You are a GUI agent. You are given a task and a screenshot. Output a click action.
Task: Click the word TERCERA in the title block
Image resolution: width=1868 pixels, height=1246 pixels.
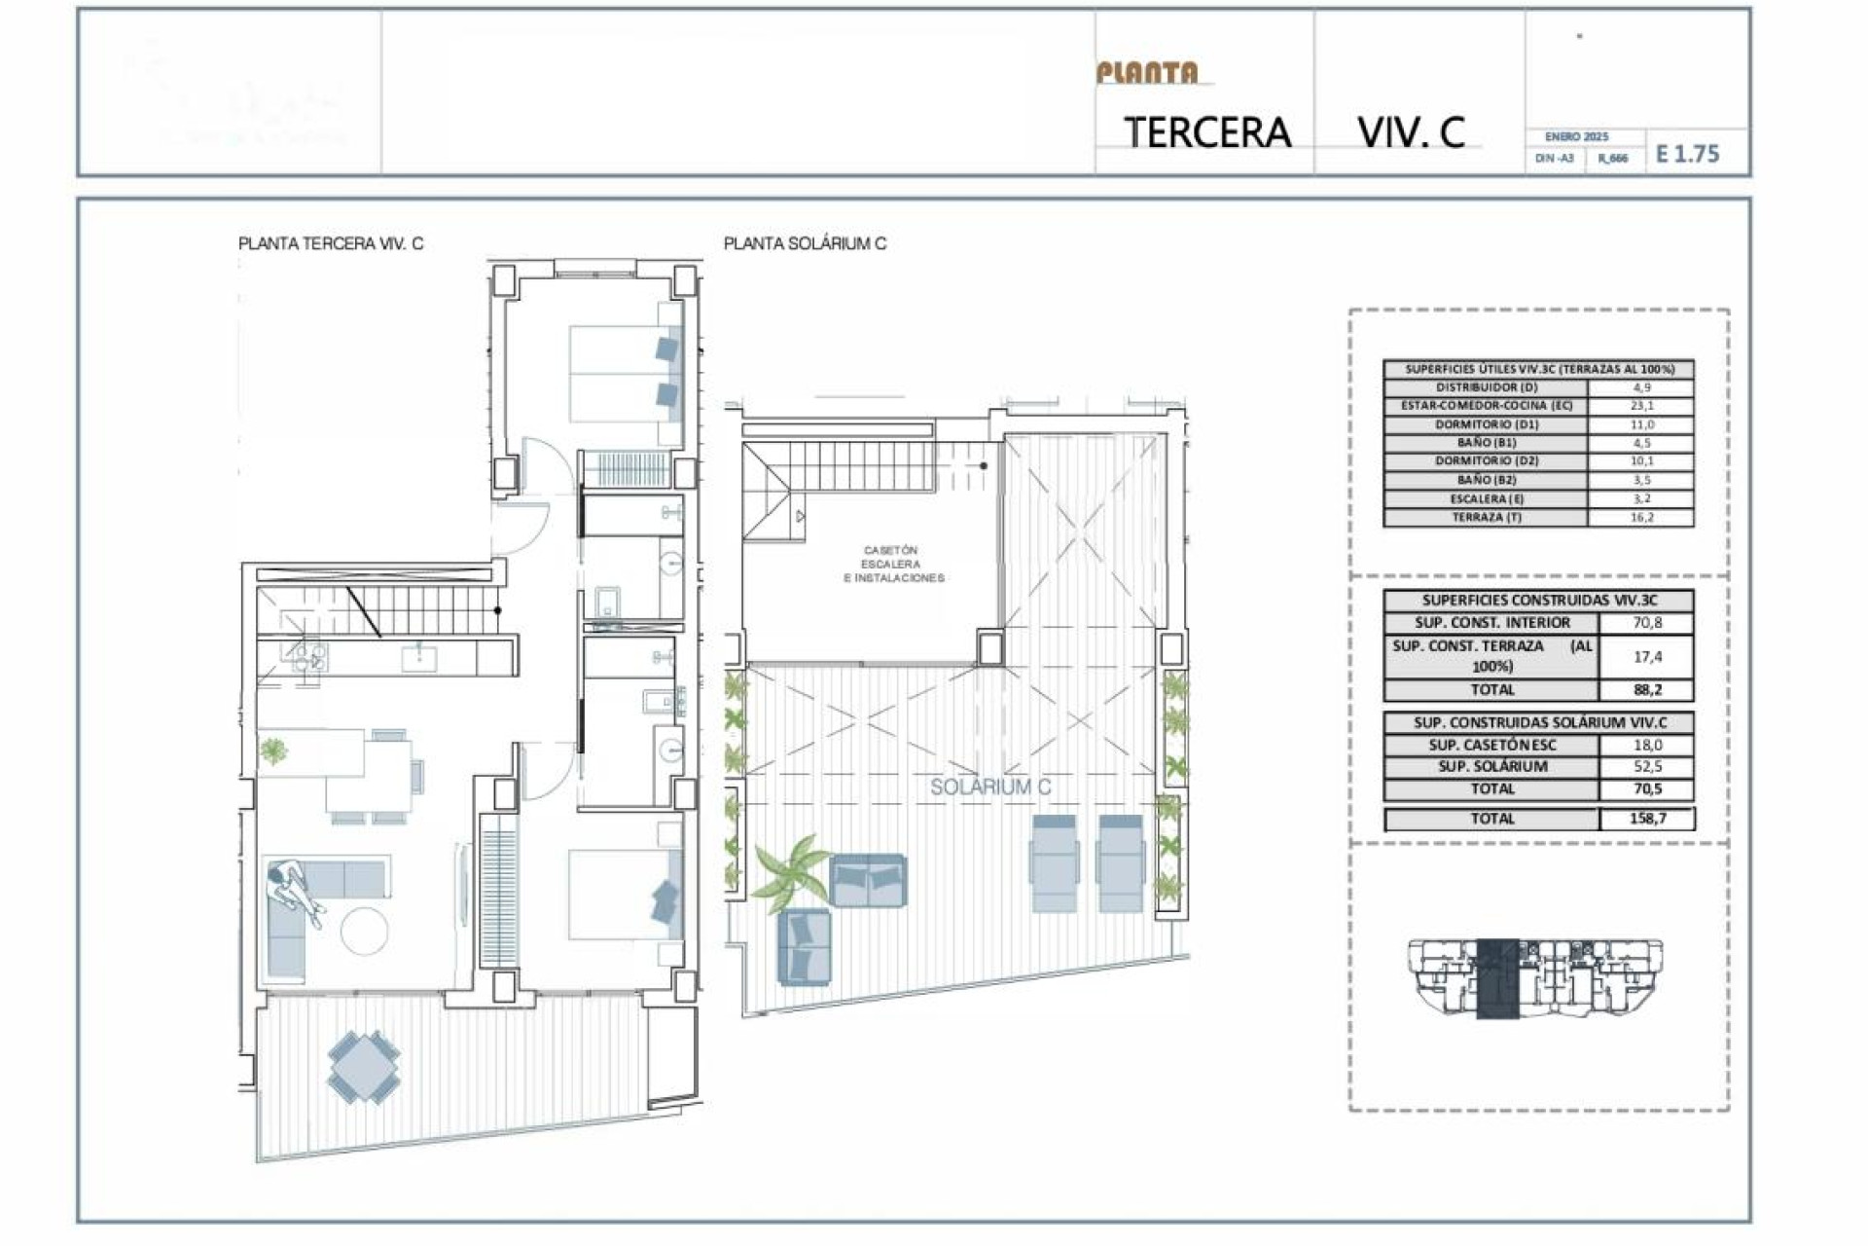point(1207,132)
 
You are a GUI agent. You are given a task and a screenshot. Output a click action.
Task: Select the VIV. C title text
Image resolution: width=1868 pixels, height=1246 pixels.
point(1411,132)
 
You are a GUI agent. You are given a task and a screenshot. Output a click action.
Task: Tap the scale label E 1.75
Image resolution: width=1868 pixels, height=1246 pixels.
point(1687,154)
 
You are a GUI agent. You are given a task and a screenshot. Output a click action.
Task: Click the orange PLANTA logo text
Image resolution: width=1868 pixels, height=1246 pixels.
point(1147,73)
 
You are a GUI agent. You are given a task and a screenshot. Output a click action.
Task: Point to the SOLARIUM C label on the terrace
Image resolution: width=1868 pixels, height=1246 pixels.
point(990,787)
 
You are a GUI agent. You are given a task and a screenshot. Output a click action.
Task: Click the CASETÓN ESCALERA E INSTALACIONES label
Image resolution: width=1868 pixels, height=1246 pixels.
point(892,565)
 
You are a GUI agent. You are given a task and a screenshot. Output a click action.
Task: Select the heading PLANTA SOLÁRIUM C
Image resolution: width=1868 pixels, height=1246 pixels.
point(805,243)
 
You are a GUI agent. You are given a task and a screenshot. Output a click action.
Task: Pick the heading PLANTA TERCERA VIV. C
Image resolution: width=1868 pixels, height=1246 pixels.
point(331,243)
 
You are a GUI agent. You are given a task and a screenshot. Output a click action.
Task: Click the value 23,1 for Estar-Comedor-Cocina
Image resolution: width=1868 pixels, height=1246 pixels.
point(1641,406)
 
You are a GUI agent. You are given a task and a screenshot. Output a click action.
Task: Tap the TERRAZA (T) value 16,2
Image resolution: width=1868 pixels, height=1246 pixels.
point(1641,518)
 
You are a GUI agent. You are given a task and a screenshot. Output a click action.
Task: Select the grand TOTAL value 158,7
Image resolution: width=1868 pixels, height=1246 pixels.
point(1647,819)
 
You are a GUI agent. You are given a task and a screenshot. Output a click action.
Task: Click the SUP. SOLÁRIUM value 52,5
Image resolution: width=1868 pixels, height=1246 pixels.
point(1647,767)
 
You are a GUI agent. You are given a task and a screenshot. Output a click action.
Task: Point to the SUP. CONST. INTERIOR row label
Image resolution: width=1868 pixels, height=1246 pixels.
point(1491,623)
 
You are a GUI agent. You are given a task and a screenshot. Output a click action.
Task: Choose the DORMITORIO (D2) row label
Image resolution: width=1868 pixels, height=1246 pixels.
point(1486,461)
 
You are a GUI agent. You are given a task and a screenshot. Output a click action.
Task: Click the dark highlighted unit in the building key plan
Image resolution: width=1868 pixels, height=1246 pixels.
point(1497,978)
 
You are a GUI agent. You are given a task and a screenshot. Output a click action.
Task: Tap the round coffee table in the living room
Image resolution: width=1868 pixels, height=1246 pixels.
point(365,932)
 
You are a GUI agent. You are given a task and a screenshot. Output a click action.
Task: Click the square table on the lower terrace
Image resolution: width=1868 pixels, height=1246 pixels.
point(363,1067)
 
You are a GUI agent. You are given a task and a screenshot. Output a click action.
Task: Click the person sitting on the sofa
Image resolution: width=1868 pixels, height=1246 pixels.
point(293,889)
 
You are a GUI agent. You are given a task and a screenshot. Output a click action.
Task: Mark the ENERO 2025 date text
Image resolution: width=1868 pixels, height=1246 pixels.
point(1576,137)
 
